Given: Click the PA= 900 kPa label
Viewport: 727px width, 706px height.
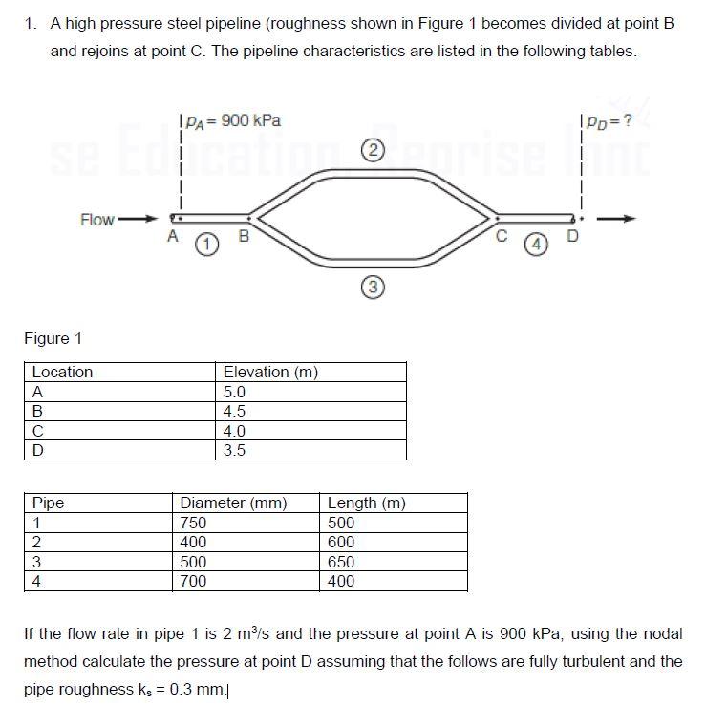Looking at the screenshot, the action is tap(232, 120).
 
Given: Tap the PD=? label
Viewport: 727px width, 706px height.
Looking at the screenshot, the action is tap(609, 121).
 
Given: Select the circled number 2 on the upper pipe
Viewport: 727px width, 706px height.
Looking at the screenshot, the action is tap(374, 149).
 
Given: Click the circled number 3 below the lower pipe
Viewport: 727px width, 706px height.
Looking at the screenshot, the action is tap(374, 285).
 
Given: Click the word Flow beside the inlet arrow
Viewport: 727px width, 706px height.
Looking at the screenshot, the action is tap(97, 220).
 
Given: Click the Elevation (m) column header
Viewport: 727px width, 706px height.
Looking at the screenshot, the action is tap(270, 372).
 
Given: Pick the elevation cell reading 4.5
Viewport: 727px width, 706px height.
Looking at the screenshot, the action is tap(234, 411).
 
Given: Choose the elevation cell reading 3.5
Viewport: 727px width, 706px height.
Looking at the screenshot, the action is tap(234, 450).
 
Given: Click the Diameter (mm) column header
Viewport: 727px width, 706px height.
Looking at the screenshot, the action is tap(234, 503).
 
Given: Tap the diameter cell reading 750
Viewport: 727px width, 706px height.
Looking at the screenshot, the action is tap(194, 523).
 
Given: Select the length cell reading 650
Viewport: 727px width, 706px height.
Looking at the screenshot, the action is tap(341, 562).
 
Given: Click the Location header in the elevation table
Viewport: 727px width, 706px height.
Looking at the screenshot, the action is tap(63, 372).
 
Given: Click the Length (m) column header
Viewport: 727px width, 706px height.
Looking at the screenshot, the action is tap(367, 503).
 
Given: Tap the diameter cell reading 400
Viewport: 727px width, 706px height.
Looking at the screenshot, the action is tap(194, 542).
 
